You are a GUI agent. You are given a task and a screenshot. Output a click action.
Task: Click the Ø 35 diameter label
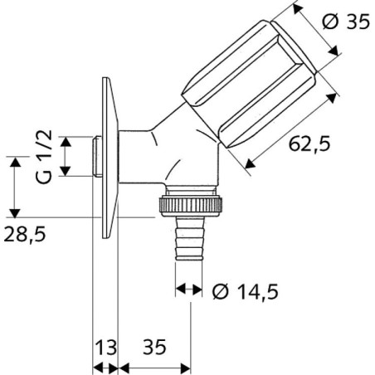point(346,22)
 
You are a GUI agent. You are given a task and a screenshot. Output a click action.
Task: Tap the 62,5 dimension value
point(309,144)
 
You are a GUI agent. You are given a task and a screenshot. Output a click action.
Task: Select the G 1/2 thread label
point(44,157)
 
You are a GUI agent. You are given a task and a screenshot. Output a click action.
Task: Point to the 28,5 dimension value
point(25,234)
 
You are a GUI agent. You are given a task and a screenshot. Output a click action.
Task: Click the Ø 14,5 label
point(246,291)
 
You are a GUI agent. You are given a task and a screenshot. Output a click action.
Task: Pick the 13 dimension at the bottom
point(105,347)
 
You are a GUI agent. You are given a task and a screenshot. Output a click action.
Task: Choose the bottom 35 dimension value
point(154,347)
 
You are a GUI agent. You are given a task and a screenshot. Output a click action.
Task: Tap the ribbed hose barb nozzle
point(190,239)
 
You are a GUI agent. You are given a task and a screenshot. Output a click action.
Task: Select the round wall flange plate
point(110,158)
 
